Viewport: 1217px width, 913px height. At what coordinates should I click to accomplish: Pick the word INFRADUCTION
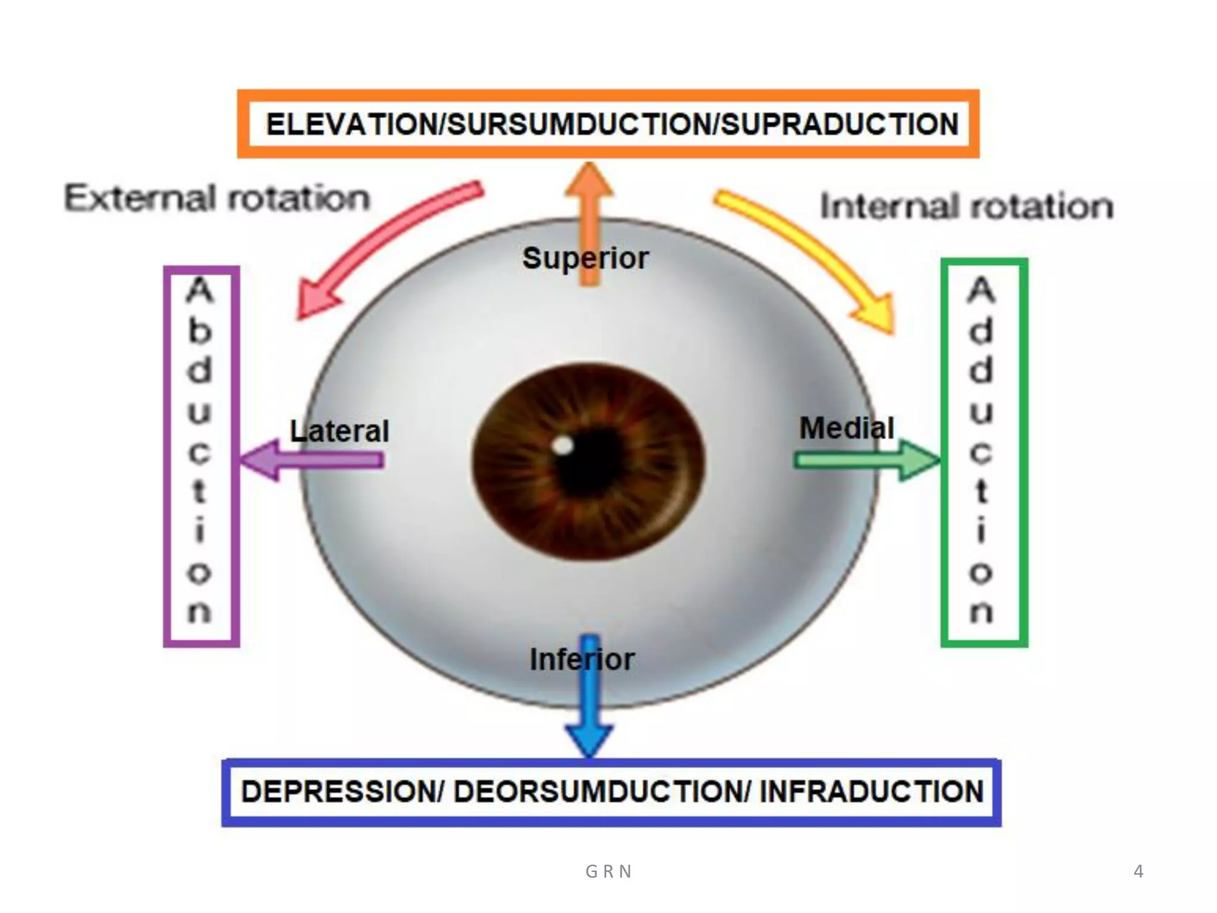click(872, 792)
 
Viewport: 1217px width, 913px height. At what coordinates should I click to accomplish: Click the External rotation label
click(217, 197)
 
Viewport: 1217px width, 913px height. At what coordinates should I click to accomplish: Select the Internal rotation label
click(967, 206)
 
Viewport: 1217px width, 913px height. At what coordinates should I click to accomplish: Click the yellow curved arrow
click(814, 250)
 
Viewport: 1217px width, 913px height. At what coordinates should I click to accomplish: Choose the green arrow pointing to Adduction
click(868, 460)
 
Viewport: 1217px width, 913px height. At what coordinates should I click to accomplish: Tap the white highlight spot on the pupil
click(562, 445)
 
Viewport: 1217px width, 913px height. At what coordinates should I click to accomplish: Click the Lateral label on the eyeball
click(339, 431)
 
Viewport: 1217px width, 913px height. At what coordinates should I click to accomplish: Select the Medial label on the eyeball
click(846, 428)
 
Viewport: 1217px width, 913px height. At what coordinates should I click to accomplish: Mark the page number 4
click(1138, 871)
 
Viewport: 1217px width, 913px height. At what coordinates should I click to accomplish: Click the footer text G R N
click(608, 871)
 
